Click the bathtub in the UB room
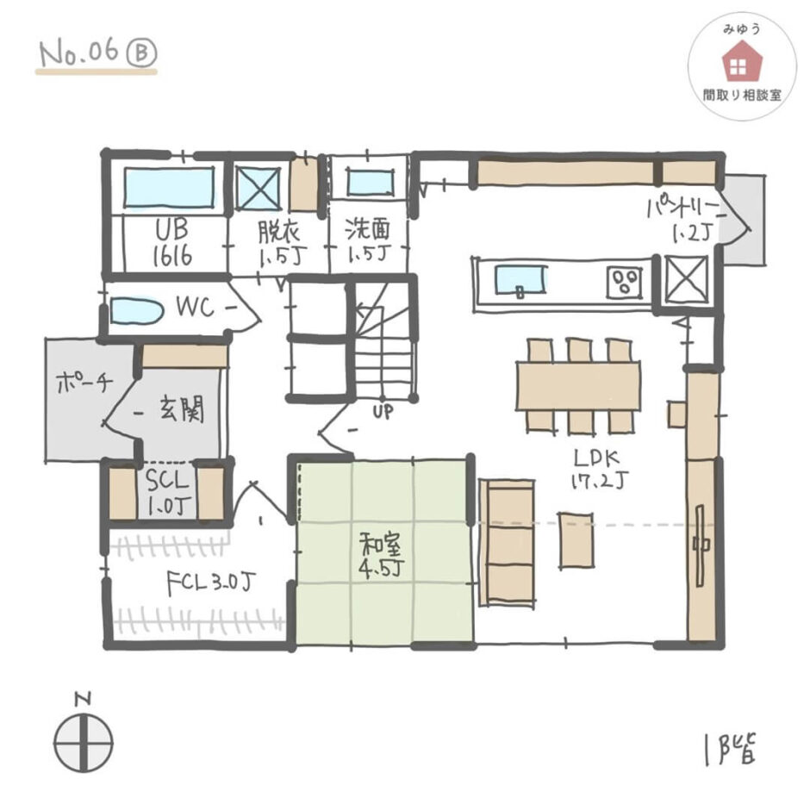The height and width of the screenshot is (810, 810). click(169, 188)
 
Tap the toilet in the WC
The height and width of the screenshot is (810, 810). click(136, 311)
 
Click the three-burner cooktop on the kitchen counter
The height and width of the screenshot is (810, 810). click(625, 282)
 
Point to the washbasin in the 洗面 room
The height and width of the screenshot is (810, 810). click(370, 182)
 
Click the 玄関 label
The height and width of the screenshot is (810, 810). click(181, 408)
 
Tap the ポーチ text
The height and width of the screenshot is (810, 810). click(84, 383)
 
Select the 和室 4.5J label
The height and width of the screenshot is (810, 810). click(382, 556)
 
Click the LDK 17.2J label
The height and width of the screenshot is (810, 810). click(599, 469)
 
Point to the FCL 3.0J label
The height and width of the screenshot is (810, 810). click(211, 583)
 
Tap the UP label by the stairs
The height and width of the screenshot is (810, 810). click(383, 412)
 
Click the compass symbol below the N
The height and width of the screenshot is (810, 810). click(84, 744)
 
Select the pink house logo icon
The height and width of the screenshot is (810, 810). click(742, 61)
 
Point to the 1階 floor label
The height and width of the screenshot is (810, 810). click(729, 749)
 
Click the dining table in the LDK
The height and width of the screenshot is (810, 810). click(578, 386)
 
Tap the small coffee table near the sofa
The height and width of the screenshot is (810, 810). click(576, 540)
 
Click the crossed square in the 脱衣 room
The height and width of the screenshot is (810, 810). click(259, 188)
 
